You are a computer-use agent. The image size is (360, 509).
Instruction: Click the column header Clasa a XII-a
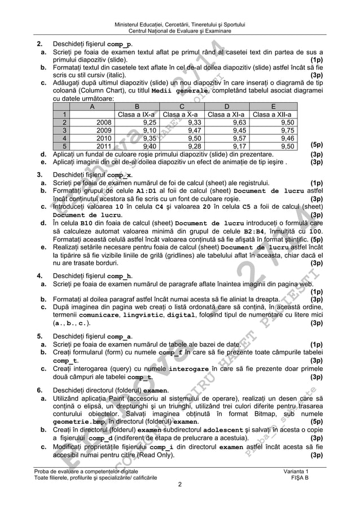pyautogui.click(x=274, y=113)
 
